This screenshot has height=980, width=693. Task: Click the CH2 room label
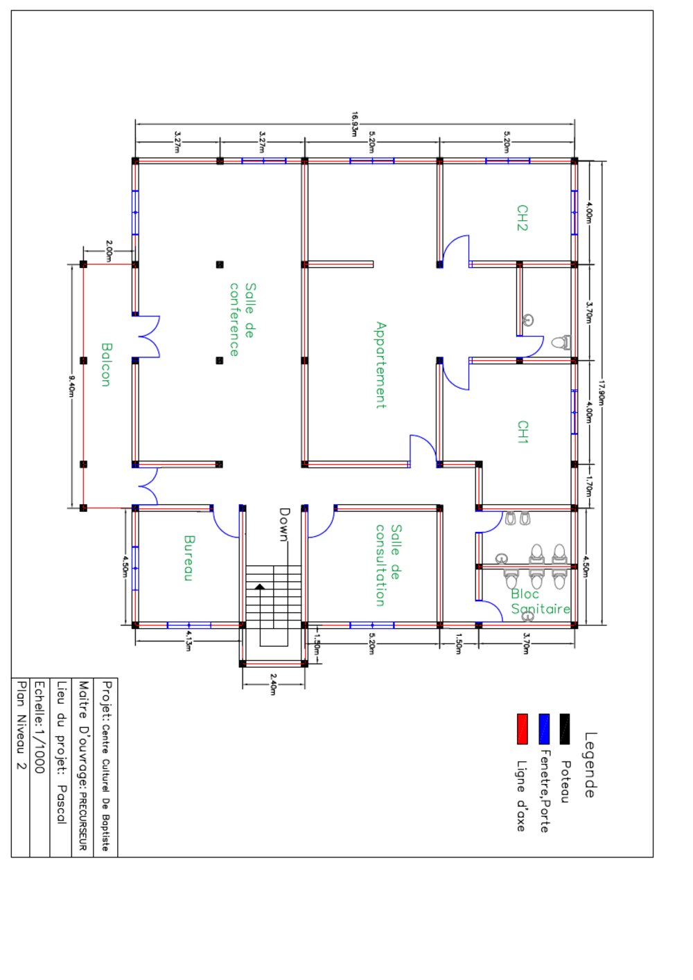click(523, 217)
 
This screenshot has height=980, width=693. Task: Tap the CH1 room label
click(523, 431)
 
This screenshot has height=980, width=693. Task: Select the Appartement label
click(381, 365)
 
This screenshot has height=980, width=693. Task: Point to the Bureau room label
click(188, 558)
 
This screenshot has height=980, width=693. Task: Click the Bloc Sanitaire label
click(541, 602)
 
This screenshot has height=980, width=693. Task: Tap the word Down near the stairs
click(285, 524)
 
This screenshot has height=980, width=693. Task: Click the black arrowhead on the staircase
click(260, 586)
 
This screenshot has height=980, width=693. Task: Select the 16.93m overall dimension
click(355, 124)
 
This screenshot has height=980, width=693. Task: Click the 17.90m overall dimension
click(602, 393)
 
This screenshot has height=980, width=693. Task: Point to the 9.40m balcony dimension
click(72, 386)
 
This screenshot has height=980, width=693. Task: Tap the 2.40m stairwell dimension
click(273, 684)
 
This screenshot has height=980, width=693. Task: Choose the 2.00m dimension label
click(109, 251)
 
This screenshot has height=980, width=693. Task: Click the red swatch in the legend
click(523, 729)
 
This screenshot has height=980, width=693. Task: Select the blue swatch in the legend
click(544, 729)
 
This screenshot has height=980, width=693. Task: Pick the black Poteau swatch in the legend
click(565, 729)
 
